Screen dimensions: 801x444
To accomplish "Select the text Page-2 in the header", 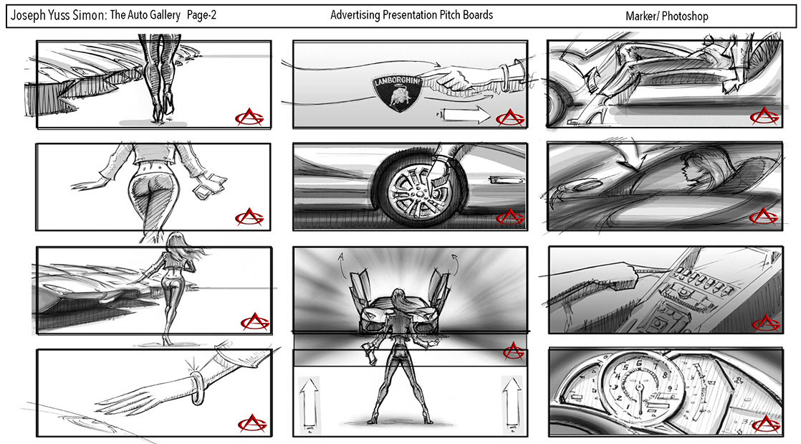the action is (x=201, y=15).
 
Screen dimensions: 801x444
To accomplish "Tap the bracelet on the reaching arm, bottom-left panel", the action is (x=196, y=389).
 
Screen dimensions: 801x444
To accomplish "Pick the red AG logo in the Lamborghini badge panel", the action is (x=506, y=117).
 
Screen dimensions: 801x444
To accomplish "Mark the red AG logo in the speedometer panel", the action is (x=765, y=422).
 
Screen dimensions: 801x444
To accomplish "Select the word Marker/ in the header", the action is (x=642, y=16).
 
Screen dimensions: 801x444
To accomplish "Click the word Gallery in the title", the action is (x=163, y=15).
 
